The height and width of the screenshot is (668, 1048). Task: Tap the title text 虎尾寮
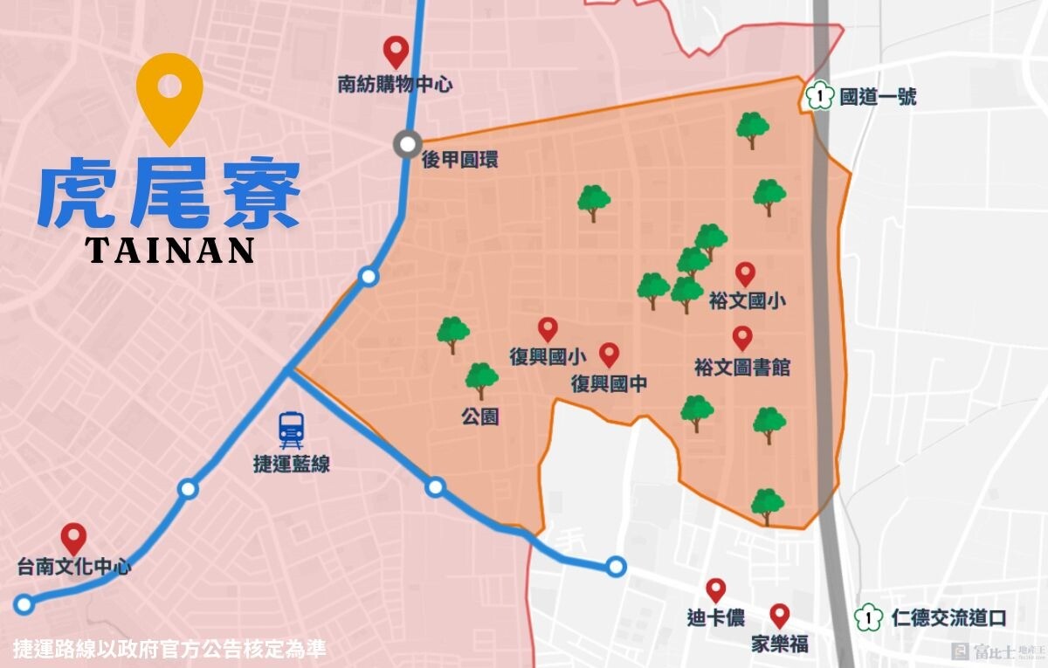point(169,194)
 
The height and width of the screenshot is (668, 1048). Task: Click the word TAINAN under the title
point(170,250)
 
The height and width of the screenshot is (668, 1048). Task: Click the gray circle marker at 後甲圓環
point(407,144)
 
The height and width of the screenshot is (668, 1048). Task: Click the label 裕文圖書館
point(743,368)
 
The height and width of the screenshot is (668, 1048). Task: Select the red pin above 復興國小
point(548,328)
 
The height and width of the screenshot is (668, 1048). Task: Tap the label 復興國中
point(609,383)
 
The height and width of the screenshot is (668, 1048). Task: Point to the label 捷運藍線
point(291,465)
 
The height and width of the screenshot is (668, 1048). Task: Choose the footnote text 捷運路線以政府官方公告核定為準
point(169,650)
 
